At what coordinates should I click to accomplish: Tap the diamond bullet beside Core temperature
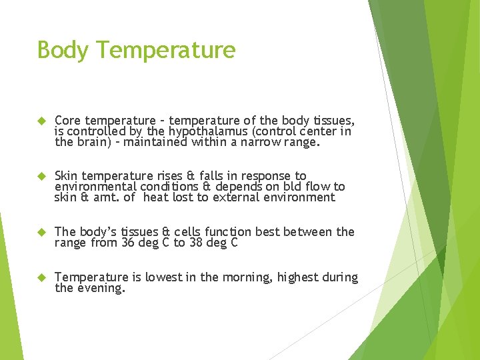[40, 121]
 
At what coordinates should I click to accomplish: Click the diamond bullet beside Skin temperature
[40, 176]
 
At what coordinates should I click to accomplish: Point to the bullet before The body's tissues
[40, 232]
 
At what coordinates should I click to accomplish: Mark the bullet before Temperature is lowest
[40, 277]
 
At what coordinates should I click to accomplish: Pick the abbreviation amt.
[103, 198]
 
